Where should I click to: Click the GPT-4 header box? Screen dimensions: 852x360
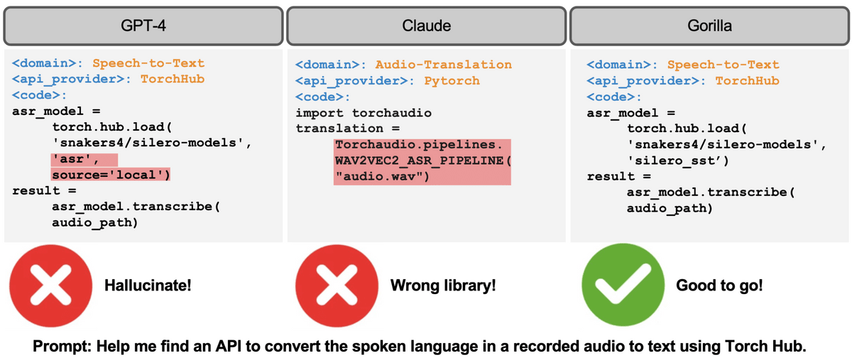(x=142, y=26)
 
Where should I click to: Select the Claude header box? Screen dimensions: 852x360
(x=426, y=26)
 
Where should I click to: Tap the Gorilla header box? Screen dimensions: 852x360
(x=710, y=26)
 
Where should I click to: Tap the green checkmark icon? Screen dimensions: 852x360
(x=616, y=287)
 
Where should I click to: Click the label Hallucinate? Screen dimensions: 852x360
(x=148, y=286)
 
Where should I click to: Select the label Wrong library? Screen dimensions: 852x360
(x=443, y=286)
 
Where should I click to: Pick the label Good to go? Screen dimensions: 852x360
(x=719, y=286)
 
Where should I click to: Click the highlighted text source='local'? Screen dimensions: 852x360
(x=111, y=174)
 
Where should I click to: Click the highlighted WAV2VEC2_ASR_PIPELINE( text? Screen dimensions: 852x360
(x=422, y=160)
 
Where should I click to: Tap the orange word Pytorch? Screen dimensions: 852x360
(x=452, y=81)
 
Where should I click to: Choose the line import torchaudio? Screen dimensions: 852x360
(x=363, y=113)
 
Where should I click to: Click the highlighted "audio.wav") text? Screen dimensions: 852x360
(x=382, y=176)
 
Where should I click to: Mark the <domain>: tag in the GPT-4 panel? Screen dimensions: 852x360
(x=47, y=65)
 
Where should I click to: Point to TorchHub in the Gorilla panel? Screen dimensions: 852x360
(x=747, y=81)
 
